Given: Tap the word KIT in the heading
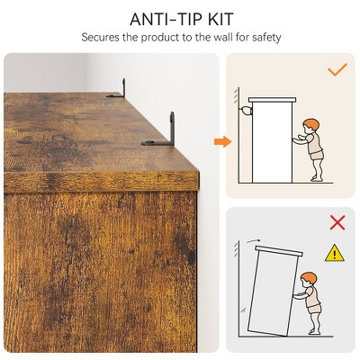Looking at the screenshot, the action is point(220,19).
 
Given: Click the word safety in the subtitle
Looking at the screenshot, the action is point(266,38).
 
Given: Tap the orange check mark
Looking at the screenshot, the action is point(337,69).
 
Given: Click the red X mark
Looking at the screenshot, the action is point(337,222).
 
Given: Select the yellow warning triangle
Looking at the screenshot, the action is point(335,253).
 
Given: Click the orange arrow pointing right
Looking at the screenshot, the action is point(223,141).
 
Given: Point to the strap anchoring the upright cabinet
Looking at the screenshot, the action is point(246,111).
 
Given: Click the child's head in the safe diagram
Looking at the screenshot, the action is point(310,126).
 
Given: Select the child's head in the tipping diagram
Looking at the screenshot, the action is point(308,280).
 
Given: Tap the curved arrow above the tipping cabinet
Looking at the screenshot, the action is point(252,240).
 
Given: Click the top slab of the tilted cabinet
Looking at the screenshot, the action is point(279,251).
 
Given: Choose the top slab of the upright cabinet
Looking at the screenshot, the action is point(272,100).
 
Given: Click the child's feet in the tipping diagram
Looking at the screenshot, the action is point(316,331).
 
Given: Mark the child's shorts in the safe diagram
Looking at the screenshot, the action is point(318,155).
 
